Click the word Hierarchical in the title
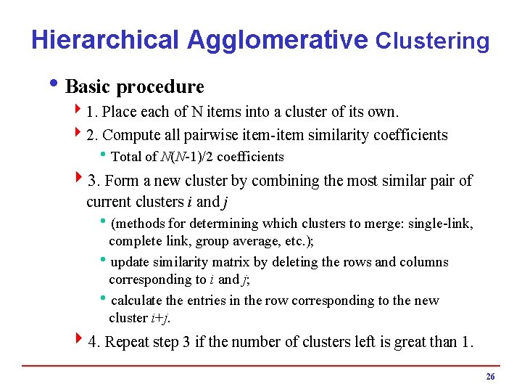104,40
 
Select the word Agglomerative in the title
277,40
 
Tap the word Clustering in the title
432,41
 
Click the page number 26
490,376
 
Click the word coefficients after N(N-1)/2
250,157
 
